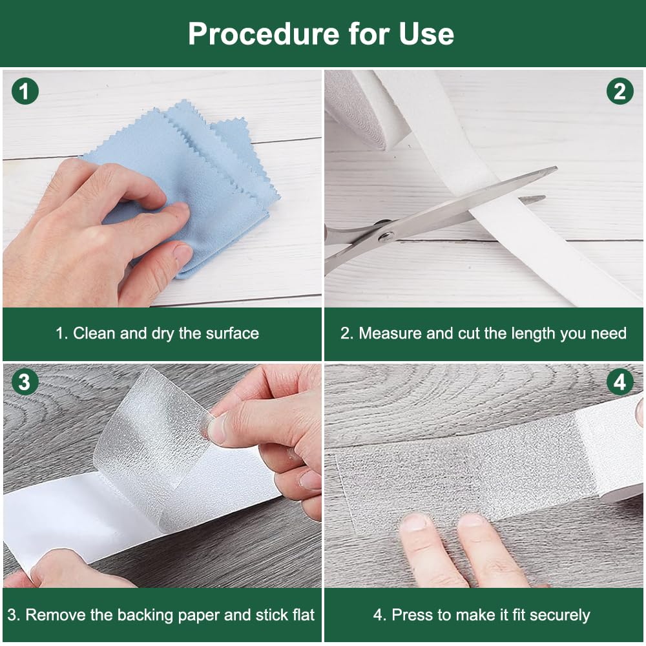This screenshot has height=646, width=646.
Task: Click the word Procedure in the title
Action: [264, 34]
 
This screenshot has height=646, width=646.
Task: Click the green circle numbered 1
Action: [25, 91]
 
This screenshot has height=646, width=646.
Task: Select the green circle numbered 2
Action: [620, 91]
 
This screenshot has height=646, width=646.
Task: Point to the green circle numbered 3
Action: [25, 382]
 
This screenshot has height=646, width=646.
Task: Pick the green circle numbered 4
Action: [620, 382]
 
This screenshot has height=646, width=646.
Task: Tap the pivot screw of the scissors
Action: [386, 236]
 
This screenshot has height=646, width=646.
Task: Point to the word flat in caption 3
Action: [303, 615]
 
